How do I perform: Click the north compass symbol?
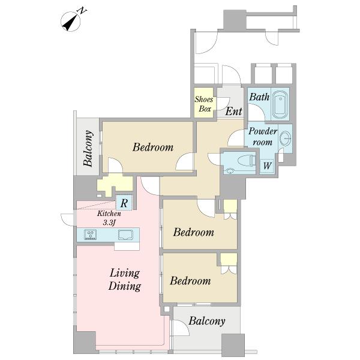coord(71,21)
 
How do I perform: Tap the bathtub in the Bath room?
coord(280,104)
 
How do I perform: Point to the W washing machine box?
coord(267,166)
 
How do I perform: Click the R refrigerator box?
coord(124,203)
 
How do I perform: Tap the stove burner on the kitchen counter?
coord(90,235)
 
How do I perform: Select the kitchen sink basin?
coord(125,235)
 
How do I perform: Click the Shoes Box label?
coord(204,104)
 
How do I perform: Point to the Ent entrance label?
coord(234,112)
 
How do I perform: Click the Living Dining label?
coord(125,280)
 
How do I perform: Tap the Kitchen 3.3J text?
coord(109,218)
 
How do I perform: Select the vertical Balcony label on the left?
coord(88,148)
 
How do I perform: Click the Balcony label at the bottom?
coord(207,321)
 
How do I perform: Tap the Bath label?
coord(259,97)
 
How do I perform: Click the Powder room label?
coord(263,137)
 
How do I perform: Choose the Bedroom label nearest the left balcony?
coord(153,147)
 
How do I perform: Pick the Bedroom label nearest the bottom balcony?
coord(190,281)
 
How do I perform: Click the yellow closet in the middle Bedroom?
coord(230,206)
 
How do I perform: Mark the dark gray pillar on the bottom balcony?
coord(233,345)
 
